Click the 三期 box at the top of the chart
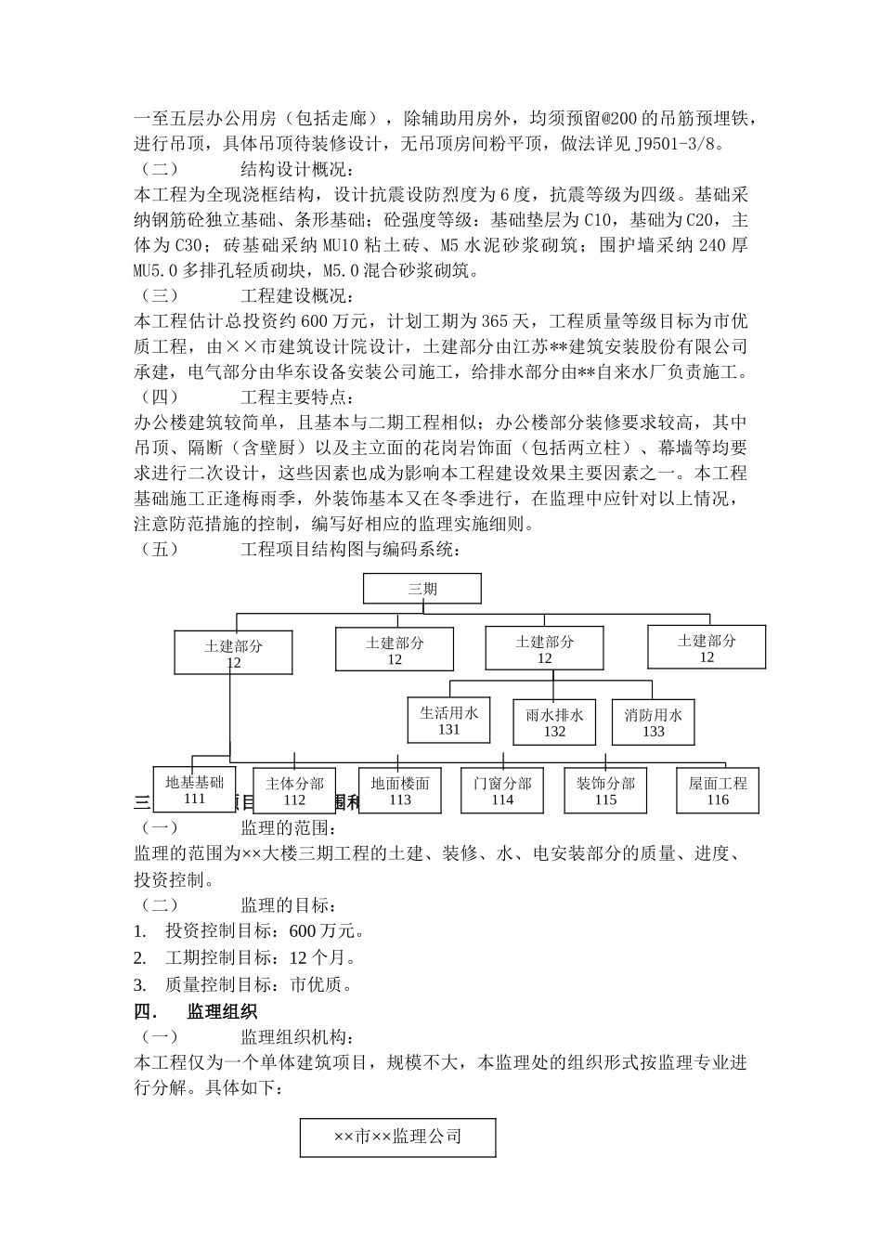pyautogui.click(x=422, y=589)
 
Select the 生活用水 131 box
pyautogui.click(x=448, y=721)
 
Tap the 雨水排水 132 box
pyautogui.click(x=554, y=722)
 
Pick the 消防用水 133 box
pyautogui.click(x=653, y=722)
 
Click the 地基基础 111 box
pyautogui.click(x=194, y=789)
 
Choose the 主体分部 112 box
pyautogui.click(x=294, y=791)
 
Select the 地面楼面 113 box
pyautogui.click(x=399, y=791)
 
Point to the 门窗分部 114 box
pyautogui.click(x=502, y=791)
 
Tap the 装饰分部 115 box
pyautogui.click(x=605, y=791)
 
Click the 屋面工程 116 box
pyautogui.click(x=718, y=791)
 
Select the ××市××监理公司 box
pyautogui.click(x=397, y=1137)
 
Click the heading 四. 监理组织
pyautogui.click(x=196, y=1010)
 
